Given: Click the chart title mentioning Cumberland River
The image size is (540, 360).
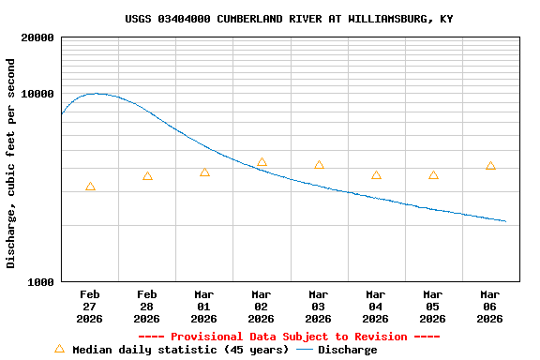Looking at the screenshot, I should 289,19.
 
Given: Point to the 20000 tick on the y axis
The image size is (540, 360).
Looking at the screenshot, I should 37,37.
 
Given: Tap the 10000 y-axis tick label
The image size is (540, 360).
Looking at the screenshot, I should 37,94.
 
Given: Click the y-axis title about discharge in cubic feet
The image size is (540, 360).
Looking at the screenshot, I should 11,163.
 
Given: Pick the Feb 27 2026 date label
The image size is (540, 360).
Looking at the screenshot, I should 89,307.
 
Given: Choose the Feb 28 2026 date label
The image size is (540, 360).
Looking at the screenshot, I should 146,307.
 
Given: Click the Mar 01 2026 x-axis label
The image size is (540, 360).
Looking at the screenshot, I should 203,307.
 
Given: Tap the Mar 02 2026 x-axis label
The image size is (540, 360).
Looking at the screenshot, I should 261,307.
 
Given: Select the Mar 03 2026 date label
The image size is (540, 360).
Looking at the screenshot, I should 318,307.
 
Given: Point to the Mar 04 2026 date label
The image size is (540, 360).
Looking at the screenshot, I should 375,307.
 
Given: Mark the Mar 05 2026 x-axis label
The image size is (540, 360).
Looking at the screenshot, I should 432,307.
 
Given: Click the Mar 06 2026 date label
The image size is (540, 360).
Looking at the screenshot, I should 489,307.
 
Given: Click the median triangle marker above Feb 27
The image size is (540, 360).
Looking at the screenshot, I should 90,187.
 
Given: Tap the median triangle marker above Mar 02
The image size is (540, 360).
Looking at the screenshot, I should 262,163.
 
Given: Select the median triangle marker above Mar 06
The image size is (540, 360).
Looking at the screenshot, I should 490,166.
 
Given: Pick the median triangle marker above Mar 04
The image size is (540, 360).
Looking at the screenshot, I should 376,175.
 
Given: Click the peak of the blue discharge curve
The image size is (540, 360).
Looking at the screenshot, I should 96,94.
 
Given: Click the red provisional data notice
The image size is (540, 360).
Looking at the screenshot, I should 289,337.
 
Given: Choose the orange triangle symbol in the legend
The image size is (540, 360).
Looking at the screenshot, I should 59,349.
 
